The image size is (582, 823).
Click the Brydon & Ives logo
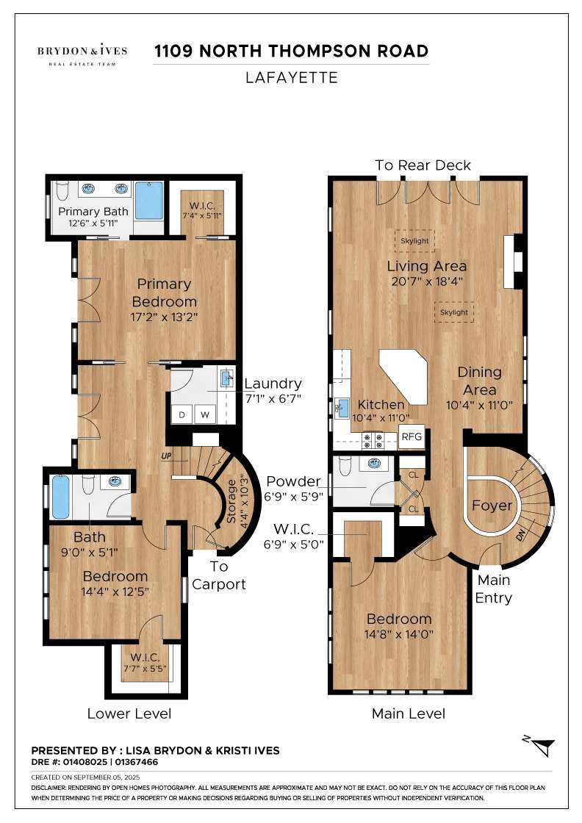click(x=82, y=54)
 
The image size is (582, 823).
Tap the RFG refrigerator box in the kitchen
click(x=412, y=436)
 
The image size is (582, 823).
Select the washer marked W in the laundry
click(x=205, y=414)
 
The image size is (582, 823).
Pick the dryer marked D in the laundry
click(x=182, y=414)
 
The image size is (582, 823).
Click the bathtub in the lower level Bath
click(x=60, y=497)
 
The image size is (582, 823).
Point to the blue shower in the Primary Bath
click(x=149, y=201)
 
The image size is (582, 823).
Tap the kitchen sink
click(x=342, y=408)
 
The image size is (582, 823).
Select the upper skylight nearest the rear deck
click(x=414, y=240)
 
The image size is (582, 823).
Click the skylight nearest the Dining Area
click(x=454, y=312)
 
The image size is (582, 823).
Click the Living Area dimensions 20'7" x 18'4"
click(x=427, y=281)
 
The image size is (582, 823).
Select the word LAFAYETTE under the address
click(x=291, y=78)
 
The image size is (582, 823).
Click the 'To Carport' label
click(x=219, y=575)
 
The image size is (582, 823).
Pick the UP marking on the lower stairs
click(x=166, y=456)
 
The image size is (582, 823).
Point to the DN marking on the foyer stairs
click(x=520, y=536)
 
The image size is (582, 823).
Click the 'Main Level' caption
click(x=409, y=714)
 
